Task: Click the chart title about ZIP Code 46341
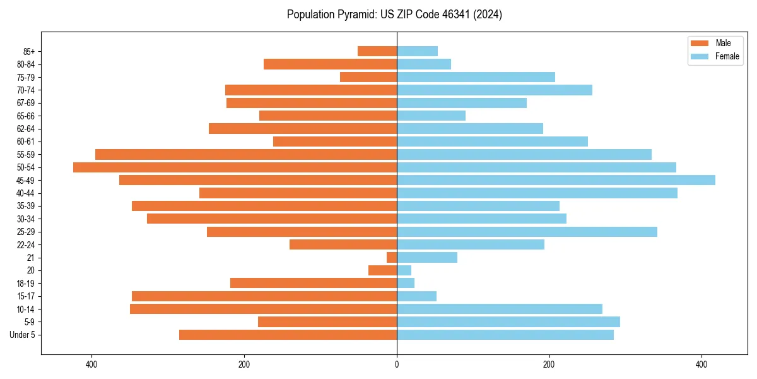(394, 15)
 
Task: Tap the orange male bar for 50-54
(235, 167)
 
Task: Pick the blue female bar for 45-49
(556, 180)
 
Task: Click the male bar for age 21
(392, 257)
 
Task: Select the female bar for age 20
(404, 270)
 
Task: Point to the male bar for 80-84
(330, 64)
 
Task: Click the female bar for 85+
(417, 51)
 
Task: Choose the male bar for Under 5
(288, 335)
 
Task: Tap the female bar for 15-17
(416, 296)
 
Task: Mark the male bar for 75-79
(368, 77)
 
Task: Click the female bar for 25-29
(527, 232)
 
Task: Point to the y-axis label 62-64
(26, 129)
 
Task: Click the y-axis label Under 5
(23, 335)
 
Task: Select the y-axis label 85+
(28, 51)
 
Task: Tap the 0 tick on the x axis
(397, 364)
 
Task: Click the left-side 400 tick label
(91, 364)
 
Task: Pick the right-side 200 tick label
(549, 364)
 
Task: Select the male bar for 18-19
(314, 283)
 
